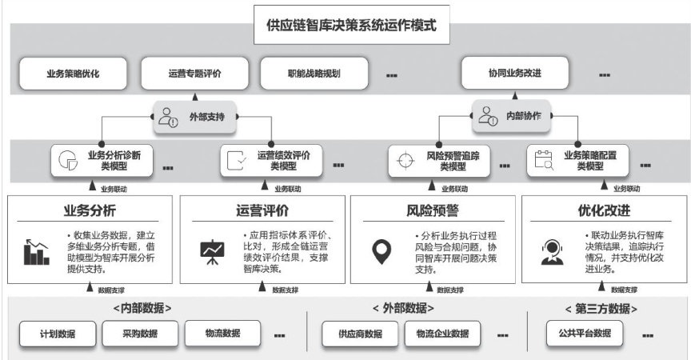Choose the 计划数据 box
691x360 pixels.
(x=58, y=334)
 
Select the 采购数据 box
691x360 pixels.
(x=141, y=334)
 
